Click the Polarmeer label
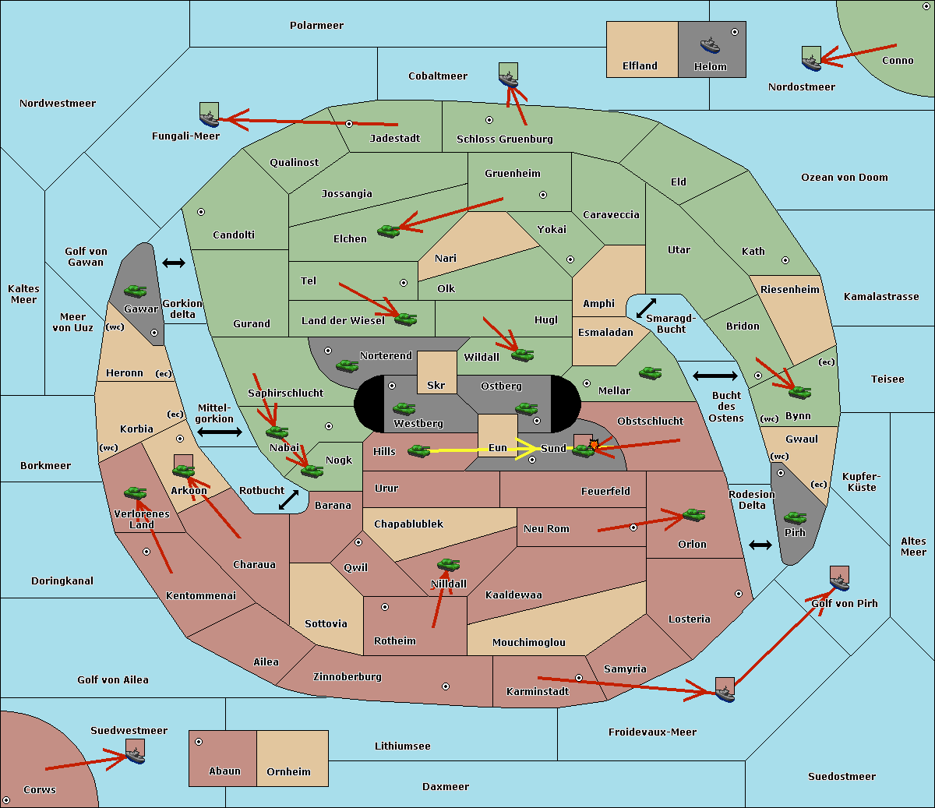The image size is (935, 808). coord(316,26)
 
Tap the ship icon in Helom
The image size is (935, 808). coord(710,44)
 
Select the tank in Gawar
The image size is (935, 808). coord(135,291)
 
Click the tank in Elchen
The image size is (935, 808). coord(388,231)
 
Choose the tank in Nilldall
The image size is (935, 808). coord(448,564)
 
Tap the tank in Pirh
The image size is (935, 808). coord(795,517)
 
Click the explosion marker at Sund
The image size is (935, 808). coord(594,445)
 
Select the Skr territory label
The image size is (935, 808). coord(436,385)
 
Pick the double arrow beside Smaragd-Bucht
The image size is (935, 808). coord(646,308)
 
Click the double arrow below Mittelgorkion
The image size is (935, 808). coord(220,432)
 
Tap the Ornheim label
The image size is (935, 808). coord(288,771)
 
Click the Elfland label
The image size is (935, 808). coord(640,66)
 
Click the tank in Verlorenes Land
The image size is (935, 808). coord(135,492)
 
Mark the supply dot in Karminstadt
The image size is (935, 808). coord(579,678)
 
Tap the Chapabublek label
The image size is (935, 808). coord(408,524)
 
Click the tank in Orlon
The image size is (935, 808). coord(693,515)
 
